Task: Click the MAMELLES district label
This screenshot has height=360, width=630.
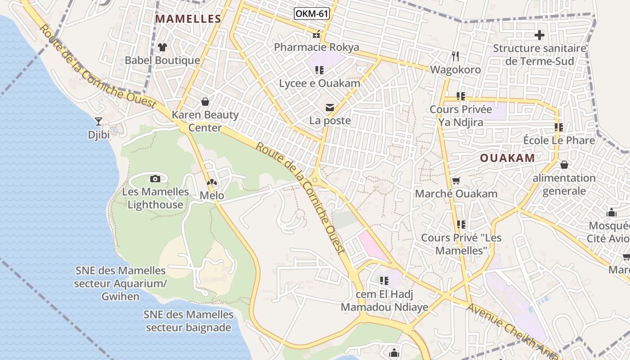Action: click(188, 19)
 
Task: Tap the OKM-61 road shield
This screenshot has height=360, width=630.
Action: click(312, 13)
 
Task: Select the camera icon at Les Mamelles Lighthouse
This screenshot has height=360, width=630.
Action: click(155, 179)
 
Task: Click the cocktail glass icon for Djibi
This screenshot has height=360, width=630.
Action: click(99, 121)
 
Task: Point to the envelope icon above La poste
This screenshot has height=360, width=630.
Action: click(330, 107)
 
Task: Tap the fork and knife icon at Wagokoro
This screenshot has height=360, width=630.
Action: click(455, 56)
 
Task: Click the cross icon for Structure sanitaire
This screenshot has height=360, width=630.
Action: click(539, 35)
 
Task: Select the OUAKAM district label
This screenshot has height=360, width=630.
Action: click(507, 158)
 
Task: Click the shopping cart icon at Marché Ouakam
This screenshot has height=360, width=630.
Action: click(456, 181)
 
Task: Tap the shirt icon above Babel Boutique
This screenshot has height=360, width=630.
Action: click(162, 47)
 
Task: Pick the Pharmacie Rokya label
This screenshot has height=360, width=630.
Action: click(316, 47)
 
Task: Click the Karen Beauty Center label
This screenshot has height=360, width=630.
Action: click(205, 121)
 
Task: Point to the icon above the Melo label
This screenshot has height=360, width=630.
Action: click(211, 183)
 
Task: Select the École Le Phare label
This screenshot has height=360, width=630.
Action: click(559, 140)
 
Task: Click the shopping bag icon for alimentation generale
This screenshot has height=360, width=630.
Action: click(564, 165)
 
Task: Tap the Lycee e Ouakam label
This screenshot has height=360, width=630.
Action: click(319, 83)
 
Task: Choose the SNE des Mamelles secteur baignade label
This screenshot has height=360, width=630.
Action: click(189, 321)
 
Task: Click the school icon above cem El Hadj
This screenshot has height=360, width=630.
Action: click(384, 281)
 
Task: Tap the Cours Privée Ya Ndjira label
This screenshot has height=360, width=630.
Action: click(461, 116)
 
